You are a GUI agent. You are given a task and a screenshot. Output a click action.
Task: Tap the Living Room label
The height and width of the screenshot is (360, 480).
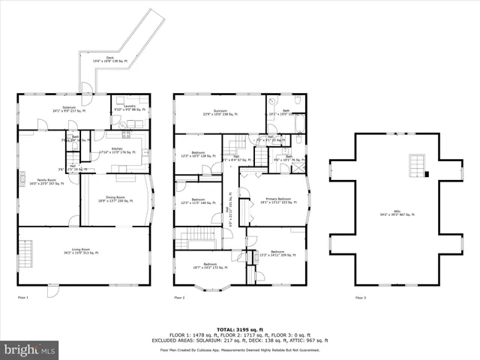pos(85,253)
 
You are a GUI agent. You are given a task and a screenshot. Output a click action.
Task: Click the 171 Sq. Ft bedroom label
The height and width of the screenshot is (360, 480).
pos(210,265)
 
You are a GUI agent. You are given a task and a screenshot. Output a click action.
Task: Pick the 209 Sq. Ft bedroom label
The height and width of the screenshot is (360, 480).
pos(277,253)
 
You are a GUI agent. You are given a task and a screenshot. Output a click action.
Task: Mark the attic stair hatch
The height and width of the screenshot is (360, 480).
pos(415,163)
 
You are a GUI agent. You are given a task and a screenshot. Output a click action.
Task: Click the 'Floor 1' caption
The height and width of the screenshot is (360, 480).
pos(22,298)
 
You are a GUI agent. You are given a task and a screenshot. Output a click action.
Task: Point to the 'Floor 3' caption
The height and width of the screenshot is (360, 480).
pos(362,298)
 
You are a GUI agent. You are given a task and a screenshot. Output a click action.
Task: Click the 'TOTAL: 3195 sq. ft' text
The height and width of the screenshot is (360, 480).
pos(239,329)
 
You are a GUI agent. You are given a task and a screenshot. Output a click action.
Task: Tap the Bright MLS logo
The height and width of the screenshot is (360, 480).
pos(30,349)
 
